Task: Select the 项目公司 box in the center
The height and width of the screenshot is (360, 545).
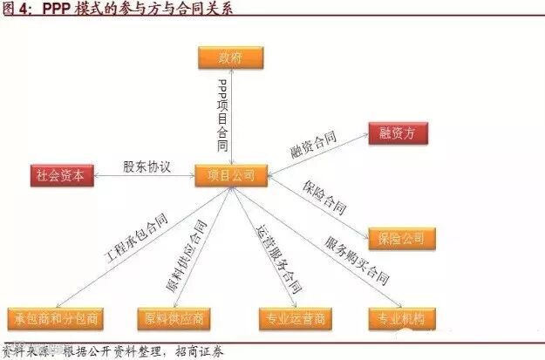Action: (x=231, y=175)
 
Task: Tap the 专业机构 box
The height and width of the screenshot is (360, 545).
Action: (x=401, y=318)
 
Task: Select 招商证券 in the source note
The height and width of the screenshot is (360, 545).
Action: (x=201, y=352)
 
